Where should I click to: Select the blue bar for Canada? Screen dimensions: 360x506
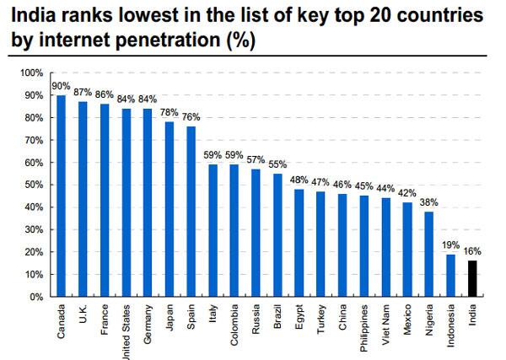click(x=61, y=196)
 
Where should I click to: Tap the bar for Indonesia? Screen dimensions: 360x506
click(x=452, y=275)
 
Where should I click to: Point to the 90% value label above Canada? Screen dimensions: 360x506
click(x=61, y=86)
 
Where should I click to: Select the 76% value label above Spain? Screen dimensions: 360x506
click(x=192, y=117)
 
